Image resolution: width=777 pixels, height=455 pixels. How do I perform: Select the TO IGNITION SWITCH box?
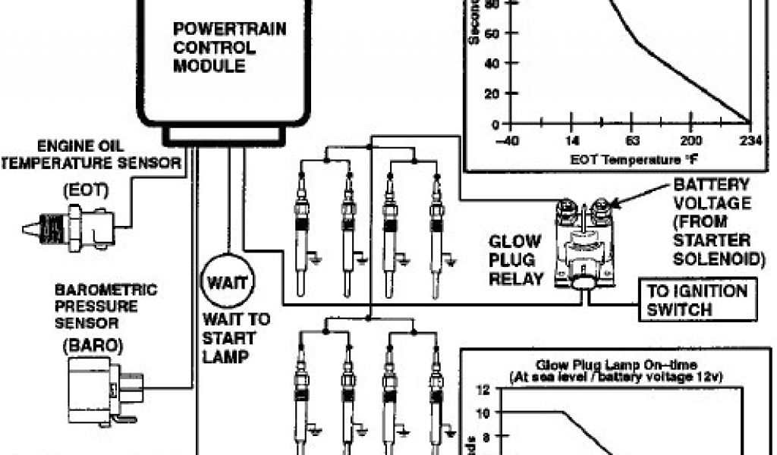click(697, 300)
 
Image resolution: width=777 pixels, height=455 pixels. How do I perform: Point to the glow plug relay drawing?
click(585, 243)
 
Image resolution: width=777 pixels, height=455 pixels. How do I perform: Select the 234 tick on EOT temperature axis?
click(750, 141)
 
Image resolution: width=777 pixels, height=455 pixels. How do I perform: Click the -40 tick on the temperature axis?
click(508, 141)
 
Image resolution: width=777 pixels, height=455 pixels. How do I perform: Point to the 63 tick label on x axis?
click(633, 141)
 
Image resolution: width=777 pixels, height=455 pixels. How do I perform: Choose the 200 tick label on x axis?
click(691, 141)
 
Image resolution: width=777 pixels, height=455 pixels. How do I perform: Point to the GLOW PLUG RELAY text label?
click(515, 260)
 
